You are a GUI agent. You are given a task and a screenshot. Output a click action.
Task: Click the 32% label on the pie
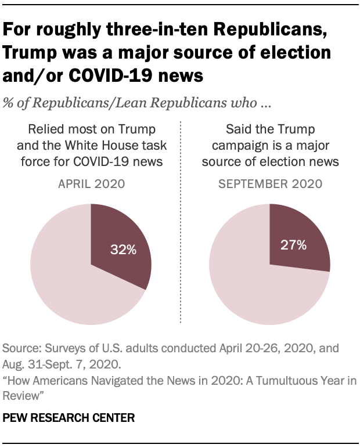pyautogui.click(x=124, y=251)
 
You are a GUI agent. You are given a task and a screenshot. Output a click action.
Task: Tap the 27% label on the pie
pyautogui.click(x=294, y=245)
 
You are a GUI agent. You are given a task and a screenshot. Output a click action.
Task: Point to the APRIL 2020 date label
pyautogui.click(x=91, y=185)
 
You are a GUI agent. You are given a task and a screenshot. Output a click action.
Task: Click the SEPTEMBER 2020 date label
pyautogui.click(x=270, y=185)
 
